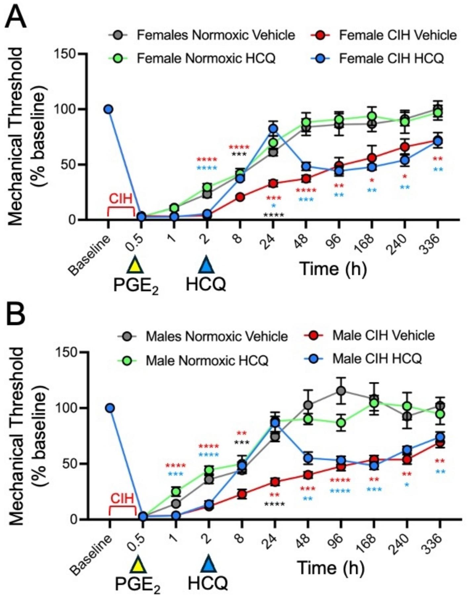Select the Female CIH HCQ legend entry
pyautogui.click(x=390, y=59)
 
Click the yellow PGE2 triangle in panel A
pyautogui.click(x=134, y=265)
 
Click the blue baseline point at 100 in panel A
pyautogui.click(x=108, y=109)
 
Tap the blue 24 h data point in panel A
pyautogui.click(x=273, y=129)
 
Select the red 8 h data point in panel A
pyautogui.click(x=240, y=197)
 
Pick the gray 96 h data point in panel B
pyautogui.click(x=341, y=391)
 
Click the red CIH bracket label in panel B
pyautogui.click(x=122, y=498)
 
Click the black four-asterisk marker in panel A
pyautogui.click(x=274, y=215)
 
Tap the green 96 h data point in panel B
pyautogui.click(x=341, y=423)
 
